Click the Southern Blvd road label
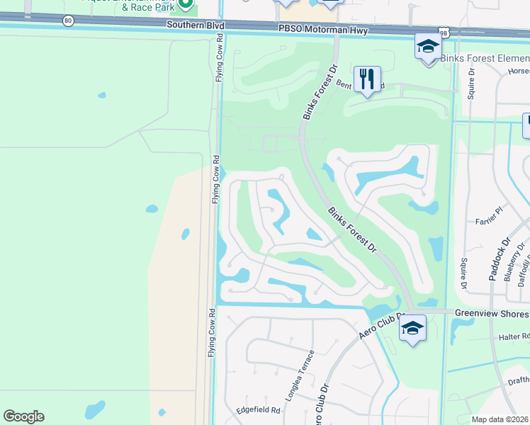196,25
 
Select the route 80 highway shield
67,21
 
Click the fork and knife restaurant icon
367,78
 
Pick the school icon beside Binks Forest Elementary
428,47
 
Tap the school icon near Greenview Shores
412,328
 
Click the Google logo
23,416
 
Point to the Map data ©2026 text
500,419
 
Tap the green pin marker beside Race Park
186,4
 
